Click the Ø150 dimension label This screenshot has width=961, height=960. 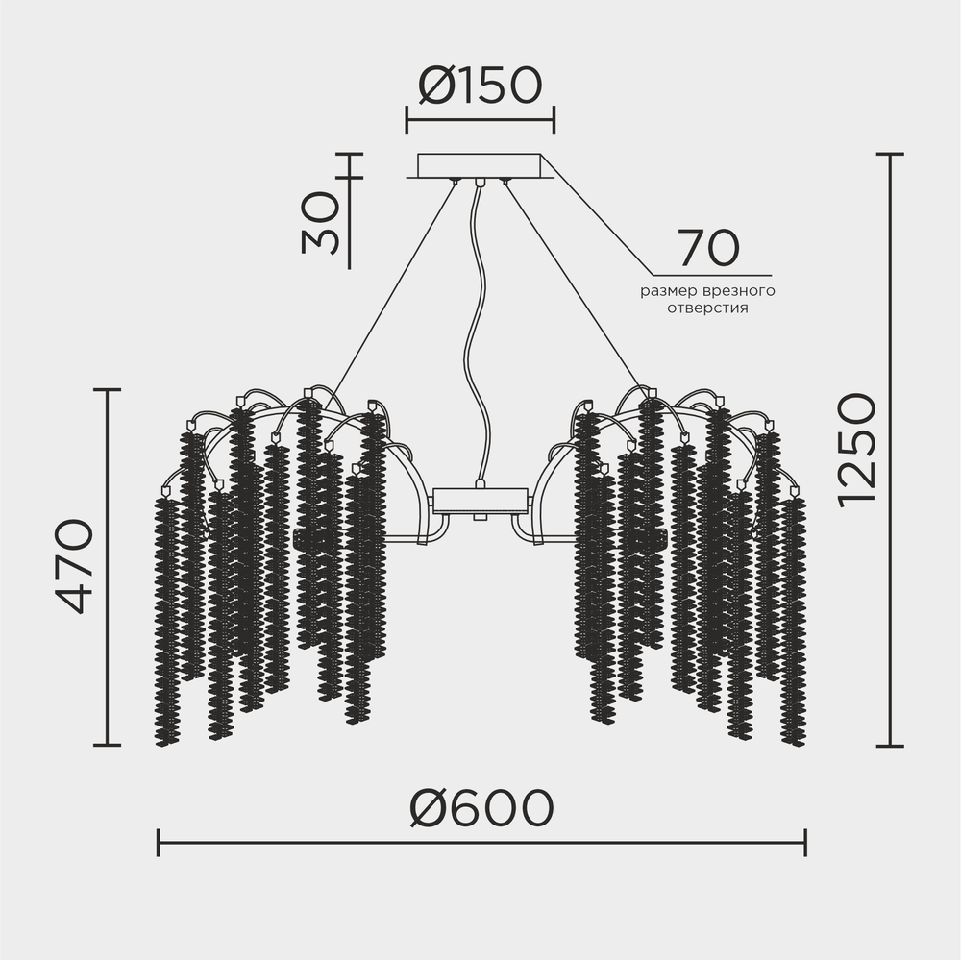[480, 85]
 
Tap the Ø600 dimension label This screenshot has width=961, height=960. [481, 808]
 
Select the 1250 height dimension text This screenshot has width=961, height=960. [857, 451]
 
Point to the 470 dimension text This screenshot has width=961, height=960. [74, 566]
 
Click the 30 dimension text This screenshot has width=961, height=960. [319, 223]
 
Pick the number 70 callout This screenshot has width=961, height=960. [709, 248]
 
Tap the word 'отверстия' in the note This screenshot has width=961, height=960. [708, 308]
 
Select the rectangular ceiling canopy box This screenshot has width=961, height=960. [480, 165]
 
